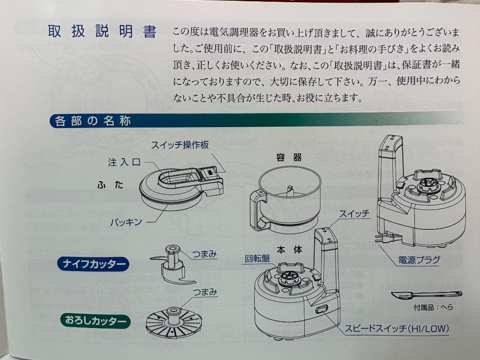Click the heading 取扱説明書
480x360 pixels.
(x=102, y=32)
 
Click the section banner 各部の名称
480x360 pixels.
(x=93, y=121)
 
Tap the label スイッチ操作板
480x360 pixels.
(x=180, y=145)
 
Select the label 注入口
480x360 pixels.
(x=124, y=162)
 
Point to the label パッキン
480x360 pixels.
(x=126, y=222)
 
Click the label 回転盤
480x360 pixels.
(x=257, y=259)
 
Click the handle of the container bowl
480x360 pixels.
(x=257, y=209)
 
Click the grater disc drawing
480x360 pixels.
(x=173, y=321)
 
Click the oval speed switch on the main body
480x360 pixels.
(x=321, y=309)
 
